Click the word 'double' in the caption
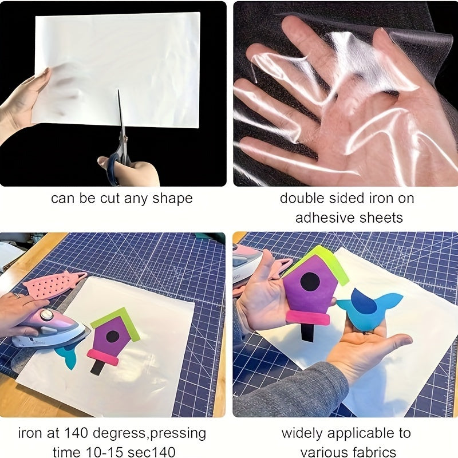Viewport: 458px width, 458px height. click(x=305, y=199)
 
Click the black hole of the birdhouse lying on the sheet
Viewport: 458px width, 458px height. click(x=112, y=336)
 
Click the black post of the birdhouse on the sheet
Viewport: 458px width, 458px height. click(x=97, y=367)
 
